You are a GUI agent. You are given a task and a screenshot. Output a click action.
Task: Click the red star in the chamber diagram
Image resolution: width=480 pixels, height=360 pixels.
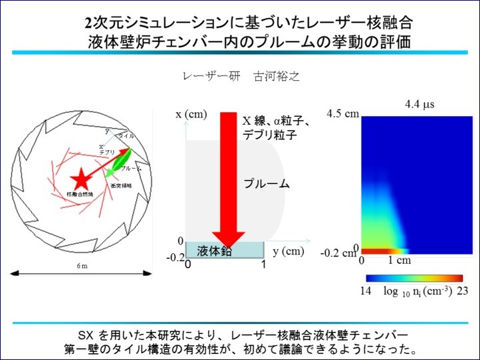point(80,177)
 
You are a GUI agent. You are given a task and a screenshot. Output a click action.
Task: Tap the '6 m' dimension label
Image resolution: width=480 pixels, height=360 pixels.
point(80,266)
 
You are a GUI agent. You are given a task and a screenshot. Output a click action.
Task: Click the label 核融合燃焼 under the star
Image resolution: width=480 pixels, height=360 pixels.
point(80,194)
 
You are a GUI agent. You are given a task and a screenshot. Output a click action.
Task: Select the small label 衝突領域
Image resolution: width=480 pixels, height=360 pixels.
point(121,186)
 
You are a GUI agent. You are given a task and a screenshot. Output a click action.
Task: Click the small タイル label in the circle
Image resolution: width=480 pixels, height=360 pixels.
point(126,135)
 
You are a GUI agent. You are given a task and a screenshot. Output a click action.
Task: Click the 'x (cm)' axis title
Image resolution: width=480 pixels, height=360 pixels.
point(192,114)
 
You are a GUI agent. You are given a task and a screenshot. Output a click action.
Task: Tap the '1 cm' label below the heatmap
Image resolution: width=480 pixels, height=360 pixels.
point(400,260)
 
